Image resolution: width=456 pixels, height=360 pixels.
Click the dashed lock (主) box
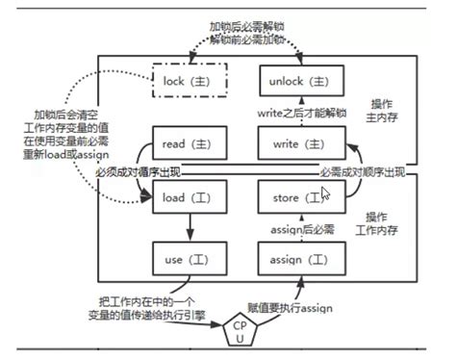pos(190,82)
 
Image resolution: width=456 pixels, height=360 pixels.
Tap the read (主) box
pos(190,145)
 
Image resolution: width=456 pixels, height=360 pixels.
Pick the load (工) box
pos(190,199)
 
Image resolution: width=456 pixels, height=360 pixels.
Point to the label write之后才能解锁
pos(299,115)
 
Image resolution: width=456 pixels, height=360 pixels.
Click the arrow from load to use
pos(190,228)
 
